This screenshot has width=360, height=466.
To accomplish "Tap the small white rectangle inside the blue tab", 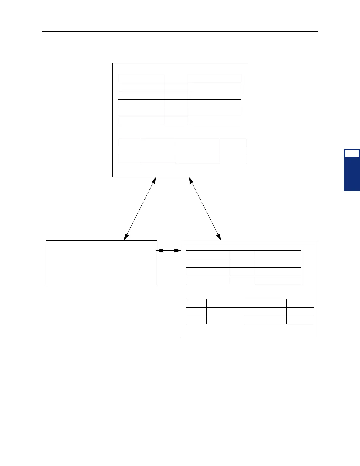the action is pyautogui.click(x=352, y=154).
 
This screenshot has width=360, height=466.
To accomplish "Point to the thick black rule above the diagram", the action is pyautogui.click(x=180, y=32).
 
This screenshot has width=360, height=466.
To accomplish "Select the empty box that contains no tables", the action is pyautogui.click(x=101, y=263).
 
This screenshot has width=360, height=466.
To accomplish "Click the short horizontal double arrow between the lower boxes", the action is pyautogui.click(x=169, y=250).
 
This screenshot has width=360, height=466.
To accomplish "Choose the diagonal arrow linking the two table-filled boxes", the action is pyautogui.click(x=205, y=208).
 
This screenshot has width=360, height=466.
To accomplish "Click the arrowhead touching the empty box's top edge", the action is pyautogui.click(x=126, y=237).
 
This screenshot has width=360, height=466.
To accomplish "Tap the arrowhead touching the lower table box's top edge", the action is pyautogui.click(x=219, y=237).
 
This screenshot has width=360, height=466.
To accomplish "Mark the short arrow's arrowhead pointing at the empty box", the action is pyautogui.click(x=159, y=250).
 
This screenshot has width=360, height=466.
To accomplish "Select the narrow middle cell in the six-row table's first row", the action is pyautogui.click(x=176, y=79).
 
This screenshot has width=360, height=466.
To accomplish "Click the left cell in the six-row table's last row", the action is pyautogui.click(x=141, y=120).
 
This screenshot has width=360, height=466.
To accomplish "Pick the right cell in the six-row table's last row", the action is pyautogui.click(x=214, y=120).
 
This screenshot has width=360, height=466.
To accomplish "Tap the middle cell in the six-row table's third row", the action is pyautogui.click(x=176, y=95).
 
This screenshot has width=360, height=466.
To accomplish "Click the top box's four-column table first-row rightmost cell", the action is pyautogui.click(x=232, y=142).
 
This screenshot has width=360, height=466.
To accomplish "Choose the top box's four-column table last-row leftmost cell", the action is pyautogui.click(x=129, y=159).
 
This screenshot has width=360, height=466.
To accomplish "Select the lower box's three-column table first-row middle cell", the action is pyautogui.click(x=242, y=255).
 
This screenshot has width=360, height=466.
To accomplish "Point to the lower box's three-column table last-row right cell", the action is pyautogui.click(x=277, y=280).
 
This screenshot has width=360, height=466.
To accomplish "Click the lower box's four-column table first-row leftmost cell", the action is pyautogui.click(x=196, y=303).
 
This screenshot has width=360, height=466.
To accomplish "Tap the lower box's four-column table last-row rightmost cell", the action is pyautogui.click(x=300, y=320).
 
